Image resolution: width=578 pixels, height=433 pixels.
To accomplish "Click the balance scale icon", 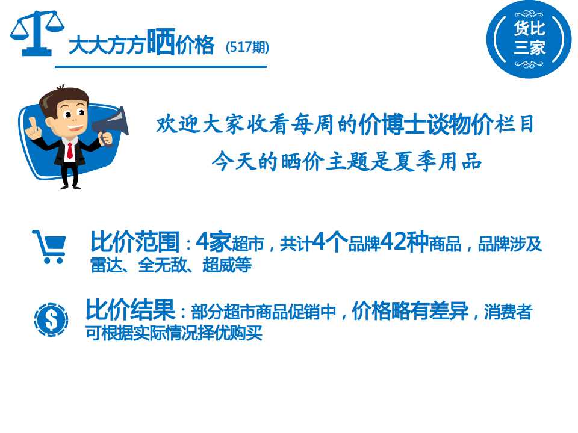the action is click(37, 34).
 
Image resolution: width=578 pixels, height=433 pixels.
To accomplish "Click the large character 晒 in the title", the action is click(161, 41).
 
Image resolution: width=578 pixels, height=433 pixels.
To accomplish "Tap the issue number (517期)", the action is click(247, 47).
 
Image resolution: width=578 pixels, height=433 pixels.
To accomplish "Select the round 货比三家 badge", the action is click(529, 40).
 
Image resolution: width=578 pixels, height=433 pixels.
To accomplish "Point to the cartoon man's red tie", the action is click(70, 150).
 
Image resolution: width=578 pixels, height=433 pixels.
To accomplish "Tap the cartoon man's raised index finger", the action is click(32, 123).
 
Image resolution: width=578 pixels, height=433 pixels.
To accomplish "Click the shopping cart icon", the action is click(49, 247).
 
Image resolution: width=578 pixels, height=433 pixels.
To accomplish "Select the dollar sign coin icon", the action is click(51, 320).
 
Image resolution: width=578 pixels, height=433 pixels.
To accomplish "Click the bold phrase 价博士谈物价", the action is click(426, 124).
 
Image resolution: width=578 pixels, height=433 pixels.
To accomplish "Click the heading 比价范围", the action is click(135, 242).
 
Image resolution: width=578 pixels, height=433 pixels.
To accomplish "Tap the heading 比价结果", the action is click(130, 310).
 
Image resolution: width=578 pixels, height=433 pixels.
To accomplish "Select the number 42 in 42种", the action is click(394, 242).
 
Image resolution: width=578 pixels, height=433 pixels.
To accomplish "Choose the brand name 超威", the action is click(219, 265).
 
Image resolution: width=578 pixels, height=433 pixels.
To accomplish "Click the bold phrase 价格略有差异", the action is click(410, 312).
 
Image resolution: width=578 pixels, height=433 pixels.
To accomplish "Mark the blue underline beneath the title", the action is click(161, 67).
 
